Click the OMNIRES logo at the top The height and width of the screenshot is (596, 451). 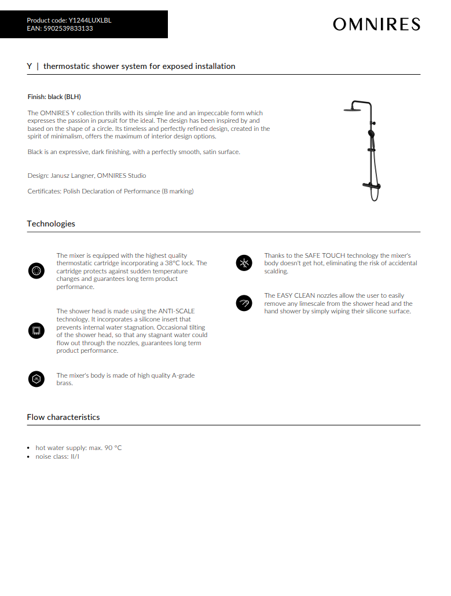click(x=376, y=24)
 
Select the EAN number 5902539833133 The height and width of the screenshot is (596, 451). click(x=68, y=28)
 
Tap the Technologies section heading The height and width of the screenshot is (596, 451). click(x=51, y=224)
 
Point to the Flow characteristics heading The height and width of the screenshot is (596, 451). click(x=63, y=417)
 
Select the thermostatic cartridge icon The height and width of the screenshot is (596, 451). click(x=36, y=270)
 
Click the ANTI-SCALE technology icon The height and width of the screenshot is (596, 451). click(x=36, y=331)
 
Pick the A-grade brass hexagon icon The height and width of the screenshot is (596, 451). click(x=36, y=379)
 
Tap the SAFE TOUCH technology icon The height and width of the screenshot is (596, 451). click(x=244, y=263)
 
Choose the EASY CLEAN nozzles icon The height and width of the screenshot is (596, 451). click(x=244, y=303)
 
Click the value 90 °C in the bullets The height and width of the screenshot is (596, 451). click(x=113, y=448)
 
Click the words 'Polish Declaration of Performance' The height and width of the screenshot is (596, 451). click(x=112, y=191)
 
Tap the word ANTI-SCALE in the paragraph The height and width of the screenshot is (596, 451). click(x=176, y=311)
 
